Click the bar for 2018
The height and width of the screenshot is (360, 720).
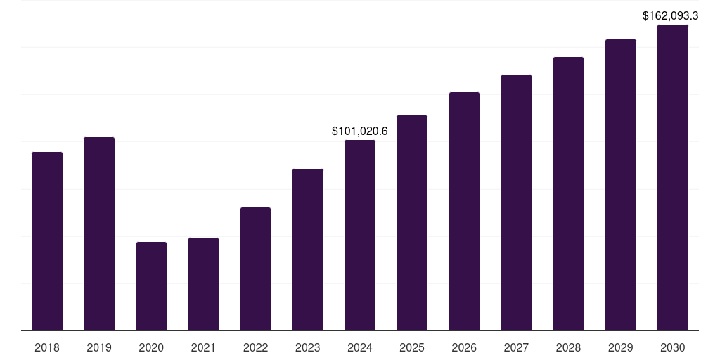(x=47, y=241)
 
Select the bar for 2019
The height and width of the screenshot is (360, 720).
(x=99, y=233)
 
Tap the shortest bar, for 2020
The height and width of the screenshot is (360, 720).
(x=151, y=286)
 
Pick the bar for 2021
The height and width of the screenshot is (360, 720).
(x=203, y=284)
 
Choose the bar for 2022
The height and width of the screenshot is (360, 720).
(x=255, y=269)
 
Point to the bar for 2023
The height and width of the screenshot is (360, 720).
(x=308, y=250)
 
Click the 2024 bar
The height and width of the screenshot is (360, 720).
(x=360, y=235)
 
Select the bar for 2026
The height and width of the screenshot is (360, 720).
(x=464, y=211)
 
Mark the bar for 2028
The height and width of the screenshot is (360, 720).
(x=568, y=193)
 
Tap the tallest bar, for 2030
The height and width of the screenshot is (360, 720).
(x=672, y=177)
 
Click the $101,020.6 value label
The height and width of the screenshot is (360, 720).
(x=360, y=131)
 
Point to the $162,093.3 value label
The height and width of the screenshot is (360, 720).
(x=670, y=15)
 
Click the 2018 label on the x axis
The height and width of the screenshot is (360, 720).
(x=47, y=347)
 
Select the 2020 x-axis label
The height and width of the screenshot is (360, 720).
(x=151, y=347)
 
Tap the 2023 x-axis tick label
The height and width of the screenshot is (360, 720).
(x=308, y=347)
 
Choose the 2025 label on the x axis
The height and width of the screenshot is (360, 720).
(x=412, y=347)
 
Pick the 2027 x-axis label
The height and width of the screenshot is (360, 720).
(x=516, y=347)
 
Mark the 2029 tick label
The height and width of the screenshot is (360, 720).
(x=620, y=347)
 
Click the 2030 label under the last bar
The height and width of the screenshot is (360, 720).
(x=672, y=347)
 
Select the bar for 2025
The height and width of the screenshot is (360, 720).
(x=412, y=223)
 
